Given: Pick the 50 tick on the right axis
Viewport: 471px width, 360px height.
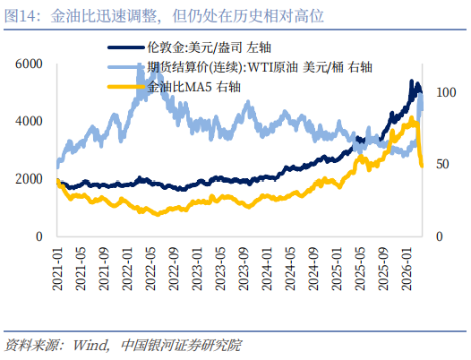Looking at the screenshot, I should (441, 165).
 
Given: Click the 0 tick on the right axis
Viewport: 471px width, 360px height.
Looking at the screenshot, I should (438, 236).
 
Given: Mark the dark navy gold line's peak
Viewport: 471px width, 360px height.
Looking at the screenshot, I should (412, 81).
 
